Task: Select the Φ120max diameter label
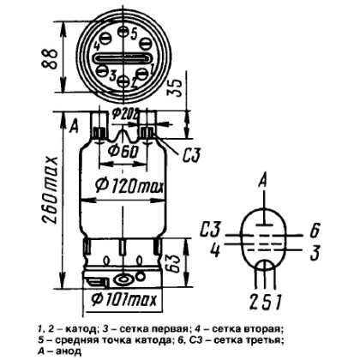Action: coord(129,187)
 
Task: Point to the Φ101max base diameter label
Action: coord(124,299)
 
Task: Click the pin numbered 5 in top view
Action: coord(123,32)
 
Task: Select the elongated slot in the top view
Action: coord(122,58)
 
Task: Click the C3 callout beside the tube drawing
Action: coord(191,155)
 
